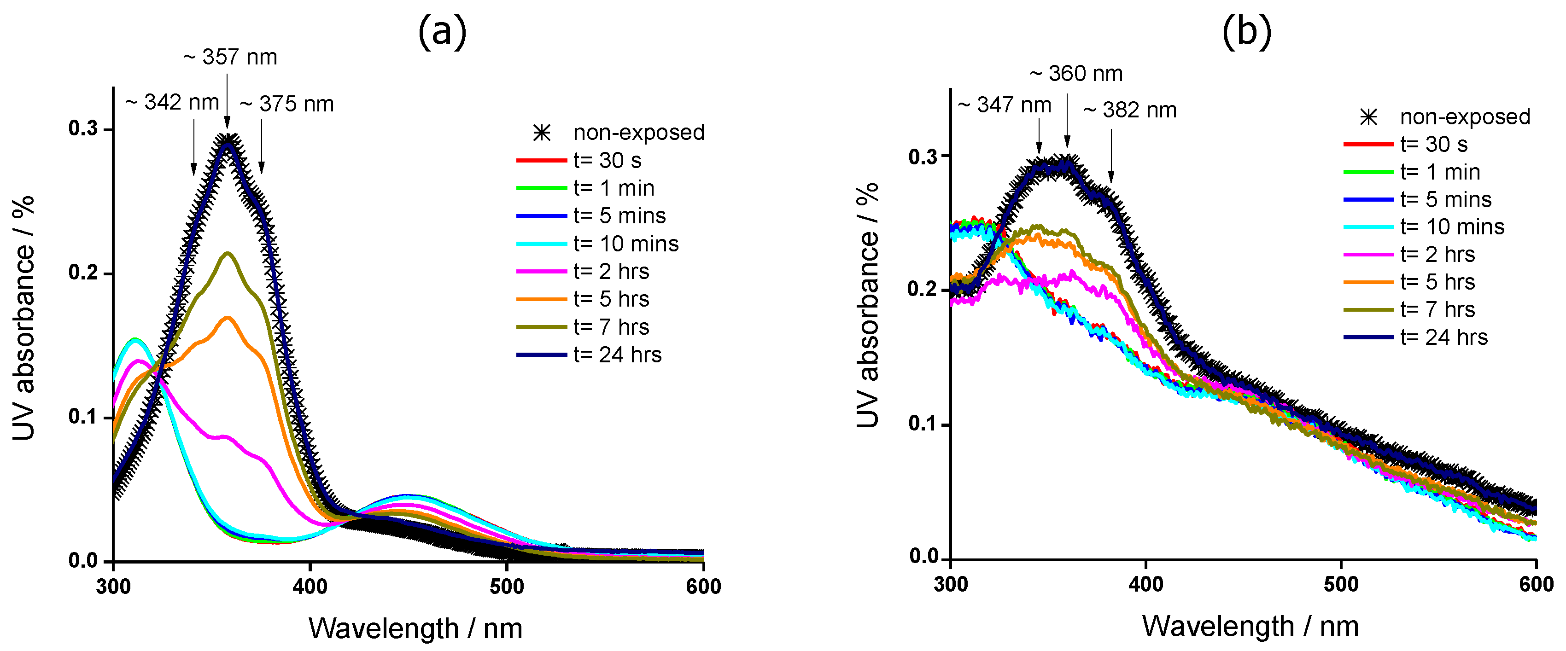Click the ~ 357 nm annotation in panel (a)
coord(230,57)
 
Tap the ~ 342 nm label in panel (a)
coord(172,102)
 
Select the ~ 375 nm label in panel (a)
coord(287,104)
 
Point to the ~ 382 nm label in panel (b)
coord(1130,110)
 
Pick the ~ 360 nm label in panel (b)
coord(1076,74)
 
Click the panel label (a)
coord(442,32)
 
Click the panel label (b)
coord(1246,32)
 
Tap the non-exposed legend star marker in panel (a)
coord(542,133)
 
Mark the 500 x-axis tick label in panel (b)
coord(1341,585)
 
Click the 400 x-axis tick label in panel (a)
coord(310,587)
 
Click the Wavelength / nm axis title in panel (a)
coord(415,628)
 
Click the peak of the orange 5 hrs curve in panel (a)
coord(228,317)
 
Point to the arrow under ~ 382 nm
coord(1111,155)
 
